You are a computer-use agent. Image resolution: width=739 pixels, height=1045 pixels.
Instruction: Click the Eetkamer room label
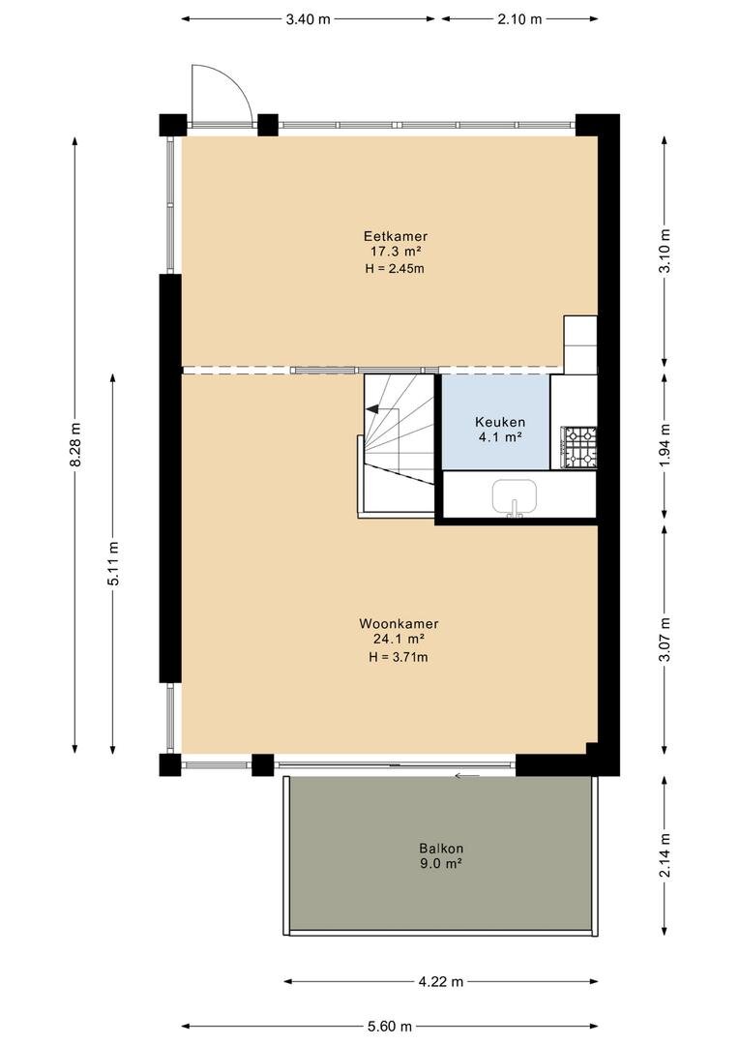[396, 236]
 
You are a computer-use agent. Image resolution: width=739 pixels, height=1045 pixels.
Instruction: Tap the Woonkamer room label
[399, 624]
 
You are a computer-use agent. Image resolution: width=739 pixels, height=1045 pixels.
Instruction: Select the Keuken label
[500, 422]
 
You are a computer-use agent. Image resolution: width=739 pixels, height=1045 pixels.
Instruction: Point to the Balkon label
[441, 849]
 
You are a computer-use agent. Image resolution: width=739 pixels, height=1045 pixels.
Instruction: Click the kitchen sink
[515, 497]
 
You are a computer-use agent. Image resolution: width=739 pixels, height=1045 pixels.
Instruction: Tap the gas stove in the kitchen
[579, 446]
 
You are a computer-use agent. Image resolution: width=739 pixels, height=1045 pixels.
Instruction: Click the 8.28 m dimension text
[74, 444]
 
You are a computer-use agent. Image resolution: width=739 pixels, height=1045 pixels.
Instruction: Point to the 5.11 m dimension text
[113, 563]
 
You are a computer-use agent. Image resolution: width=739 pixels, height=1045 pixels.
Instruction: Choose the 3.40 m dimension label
[308, 19]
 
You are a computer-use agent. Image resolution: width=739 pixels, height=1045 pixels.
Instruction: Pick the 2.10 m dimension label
[519, 19]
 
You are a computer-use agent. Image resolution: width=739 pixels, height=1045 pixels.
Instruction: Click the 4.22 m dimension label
[440, 981]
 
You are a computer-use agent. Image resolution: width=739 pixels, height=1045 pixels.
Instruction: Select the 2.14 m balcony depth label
[665, 856]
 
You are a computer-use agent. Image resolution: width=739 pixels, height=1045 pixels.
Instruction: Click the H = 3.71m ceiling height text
[399, 657]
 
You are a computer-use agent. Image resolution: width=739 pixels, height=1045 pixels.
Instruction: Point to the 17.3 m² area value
[396, 252]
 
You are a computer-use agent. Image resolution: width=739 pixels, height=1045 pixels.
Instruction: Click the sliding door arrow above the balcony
[468, 775]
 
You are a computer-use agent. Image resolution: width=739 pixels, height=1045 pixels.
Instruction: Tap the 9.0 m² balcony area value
[441, 864]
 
